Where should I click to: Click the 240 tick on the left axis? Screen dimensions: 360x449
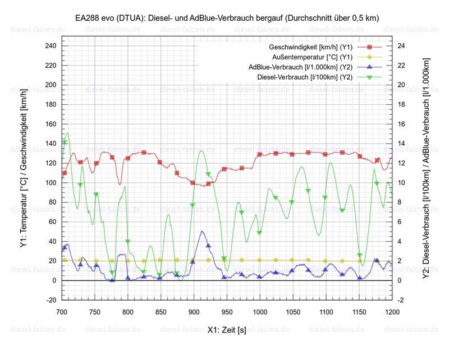tap(51, 46)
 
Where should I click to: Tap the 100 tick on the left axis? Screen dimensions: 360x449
tap(51, 183)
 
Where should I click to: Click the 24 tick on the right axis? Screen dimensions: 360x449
tap(402, 46)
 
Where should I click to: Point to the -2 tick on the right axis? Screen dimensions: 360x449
tap(402, 300)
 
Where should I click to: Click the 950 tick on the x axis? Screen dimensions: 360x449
tap(227, 310)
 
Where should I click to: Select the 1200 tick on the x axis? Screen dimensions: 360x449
tap(392, 310)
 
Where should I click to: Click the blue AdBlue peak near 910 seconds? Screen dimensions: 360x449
tap(201, 231)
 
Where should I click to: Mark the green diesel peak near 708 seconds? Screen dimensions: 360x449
tap(67, 133)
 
